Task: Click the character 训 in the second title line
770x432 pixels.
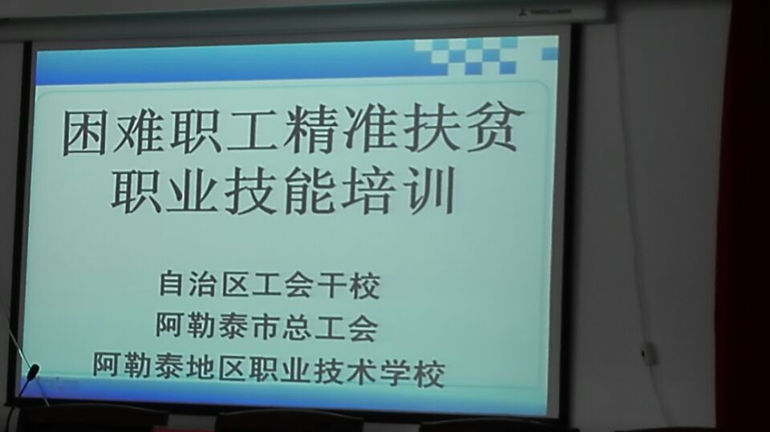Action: pyautogui.click(x=430, y=191)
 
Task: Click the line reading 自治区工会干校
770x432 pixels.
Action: pyautogui.click(x=269, y=284)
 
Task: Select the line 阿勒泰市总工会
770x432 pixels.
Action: pyautogui.click(x=266, y=326)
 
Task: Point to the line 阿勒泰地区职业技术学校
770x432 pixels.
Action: pyautogui.click(x=269, y=370)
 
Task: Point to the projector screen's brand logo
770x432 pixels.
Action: pyautogui.click(x=545, y=10)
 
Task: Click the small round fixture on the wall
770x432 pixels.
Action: pyautogui.click(x=647, y=353)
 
